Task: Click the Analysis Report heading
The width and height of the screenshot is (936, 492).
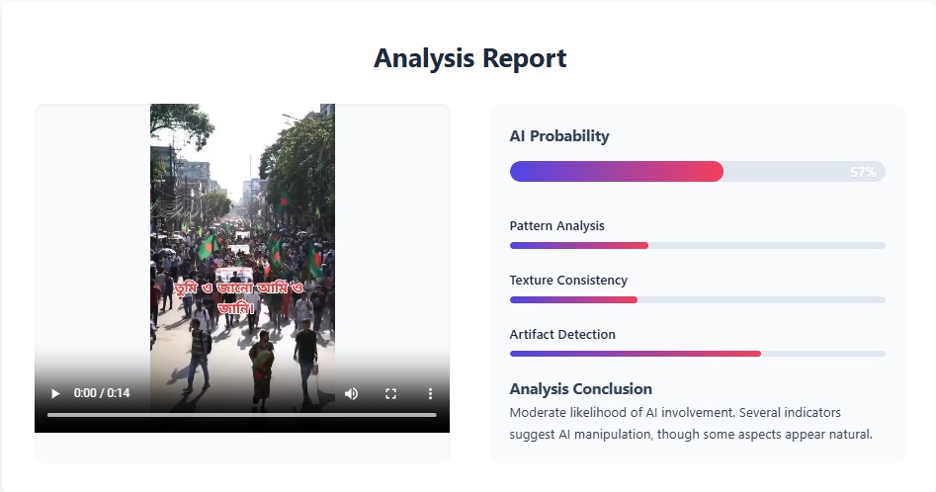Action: [469, 58]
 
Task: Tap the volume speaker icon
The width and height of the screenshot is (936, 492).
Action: [351, 393]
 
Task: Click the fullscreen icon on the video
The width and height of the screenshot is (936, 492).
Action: [390, 393]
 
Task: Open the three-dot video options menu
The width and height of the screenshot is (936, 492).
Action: [430, 393]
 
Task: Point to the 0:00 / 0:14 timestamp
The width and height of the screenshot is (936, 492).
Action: [102, 393]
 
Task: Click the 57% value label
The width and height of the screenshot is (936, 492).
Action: [863, 172]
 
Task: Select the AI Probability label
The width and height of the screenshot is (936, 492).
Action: [559, 136]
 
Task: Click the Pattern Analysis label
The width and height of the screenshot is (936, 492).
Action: [556, 226]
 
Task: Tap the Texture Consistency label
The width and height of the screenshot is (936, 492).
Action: [568, 281]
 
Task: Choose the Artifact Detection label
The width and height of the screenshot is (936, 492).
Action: [562, 335]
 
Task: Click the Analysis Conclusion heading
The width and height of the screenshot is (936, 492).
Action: [581, 389]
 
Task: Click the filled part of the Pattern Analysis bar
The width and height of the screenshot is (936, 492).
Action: [579, 246]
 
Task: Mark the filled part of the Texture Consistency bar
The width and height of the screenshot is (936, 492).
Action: [573, 300]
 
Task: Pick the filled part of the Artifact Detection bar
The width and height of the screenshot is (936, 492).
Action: [636, 354]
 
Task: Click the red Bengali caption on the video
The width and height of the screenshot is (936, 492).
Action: [239, 297]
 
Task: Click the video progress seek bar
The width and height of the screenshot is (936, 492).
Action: [242, 415]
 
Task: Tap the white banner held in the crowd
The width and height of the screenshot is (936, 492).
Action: [234, 275]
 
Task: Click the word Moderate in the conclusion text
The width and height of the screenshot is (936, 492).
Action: [538, 413]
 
